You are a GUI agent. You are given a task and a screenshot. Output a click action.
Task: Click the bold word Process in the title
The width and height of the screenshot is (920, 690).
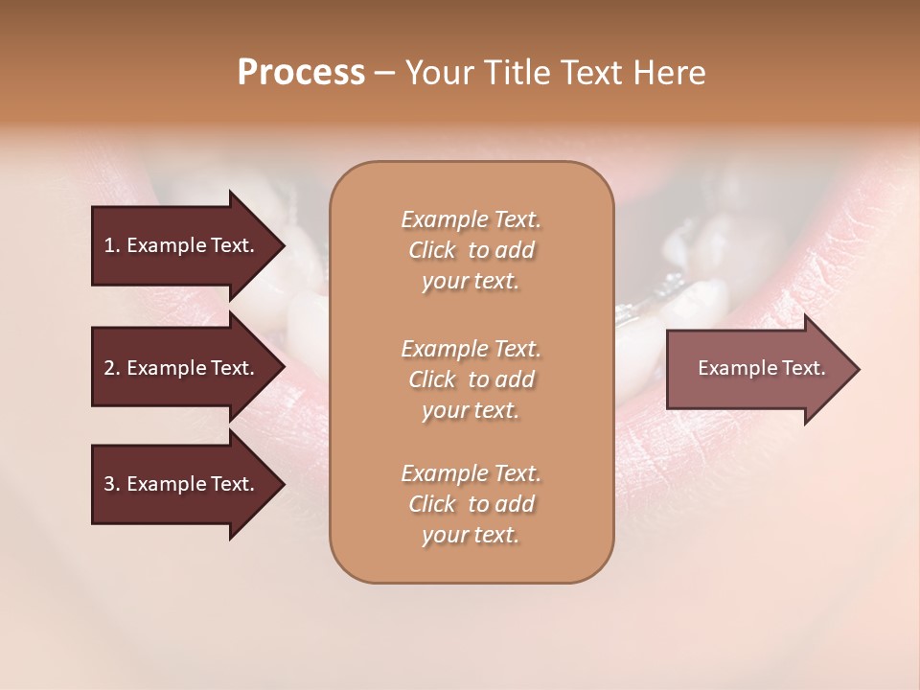301,73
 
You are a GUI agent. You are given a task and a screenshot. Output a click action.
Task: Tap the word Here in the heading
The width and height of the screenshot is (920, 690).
667,73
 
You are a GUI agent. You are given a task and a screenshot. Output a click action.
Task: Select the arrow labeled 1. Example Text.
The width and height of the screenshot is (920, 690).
182,245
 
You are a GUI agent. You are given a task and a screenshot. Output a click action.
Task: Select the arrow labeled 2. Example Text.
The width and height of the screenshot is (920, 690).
182,368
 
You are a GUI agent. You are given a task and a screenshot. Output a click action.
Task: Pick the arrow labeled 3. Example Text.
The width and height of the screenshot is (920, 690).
182,484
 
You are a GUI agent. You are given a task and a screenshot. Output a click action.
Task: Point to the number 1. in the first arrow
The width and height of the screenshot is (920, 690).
111,245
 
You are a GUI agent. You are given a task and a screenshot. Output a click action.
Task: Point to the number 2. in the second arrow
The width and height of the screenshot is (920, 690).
111,368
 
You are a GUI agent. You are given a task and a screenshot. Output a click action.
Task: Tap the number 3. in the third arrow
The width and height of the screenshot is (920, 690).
111,484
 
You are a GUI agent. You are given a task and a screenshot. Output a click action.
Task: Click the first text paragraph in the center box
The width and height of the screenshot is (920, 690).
471,250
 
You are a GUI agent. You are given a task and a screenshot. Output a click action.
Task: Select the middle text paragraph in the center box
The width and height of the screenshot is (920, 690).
471,379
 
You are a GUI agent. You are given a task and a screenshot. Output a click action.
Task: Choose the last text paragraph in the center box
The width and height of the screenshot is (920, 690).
471,504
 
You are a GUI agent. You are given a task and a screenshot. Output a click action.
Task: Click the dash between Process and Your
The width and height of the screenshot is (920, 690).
385,73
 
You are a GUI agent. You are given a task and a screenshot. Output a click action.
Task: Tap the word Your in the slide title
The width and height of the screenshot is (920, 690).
440,73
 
